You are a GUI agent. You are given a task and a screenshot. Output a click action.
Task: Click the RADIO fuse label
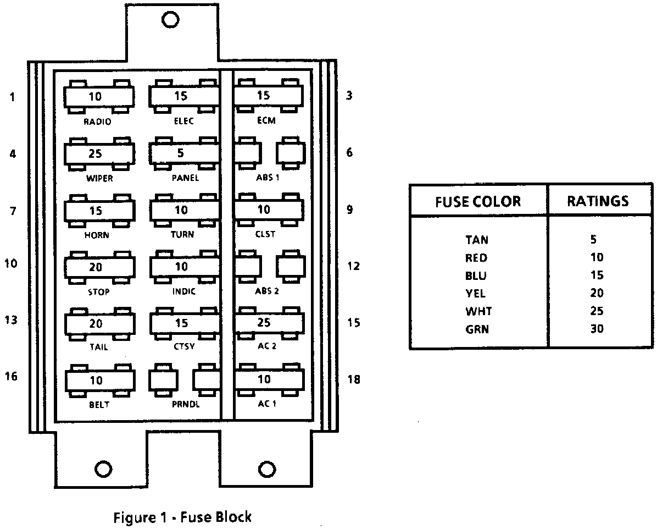pyautogui.click(x=97, y=122)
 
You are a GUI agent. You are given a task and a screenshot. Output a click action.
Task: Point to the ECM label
pyautogui.click(x=266, y=121)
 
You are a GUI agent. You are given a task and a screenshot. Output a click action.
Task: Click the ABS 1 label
pyautogui.click(x=268, y=178)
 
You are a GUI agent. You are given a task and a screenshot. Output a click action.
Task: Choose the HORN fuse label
pyautogui.click(x=97, y=235)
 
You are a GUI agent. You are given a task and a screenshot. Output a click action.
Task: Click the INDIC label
pyautogui.click(x=183, y=292)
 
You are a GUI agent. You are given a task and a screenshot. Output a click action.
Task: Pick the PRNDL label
pyautogui.click(x=185, y=405)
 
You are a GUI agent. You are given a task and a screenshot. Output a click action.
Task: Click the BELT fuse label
pyautogui.click(x=99, y=405)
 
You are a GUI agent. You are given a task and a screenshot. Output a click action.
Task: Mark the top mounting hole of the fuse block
pyautogui.click(x=170, y=19)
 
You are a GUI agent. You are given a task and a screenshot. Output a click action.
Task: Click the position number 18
pyautogui.click(x=354, y=379)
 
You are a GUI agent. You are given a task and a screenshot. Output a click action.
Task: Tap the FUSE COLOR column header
pyautogui.click(x=478, y=201)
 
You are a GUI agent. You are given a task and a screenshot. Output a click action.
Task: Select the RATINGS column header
pyautogui.click(x=598, y=201)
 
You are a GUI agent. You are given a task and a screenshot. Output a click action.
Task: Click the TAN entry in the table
pyautogui.click(x=476, y=240)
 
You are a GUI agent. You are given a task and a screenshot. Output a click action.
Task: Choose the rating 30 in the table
pyautogui.click(x=597, y=329)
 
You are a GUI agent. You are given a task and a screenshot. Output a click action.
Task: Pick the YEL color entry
pyautogui.click(x=476, y=293)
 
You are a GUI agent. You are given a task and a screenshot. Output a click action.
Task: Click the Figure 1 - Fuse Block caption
pyautogui.click(x=182, y=517)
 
